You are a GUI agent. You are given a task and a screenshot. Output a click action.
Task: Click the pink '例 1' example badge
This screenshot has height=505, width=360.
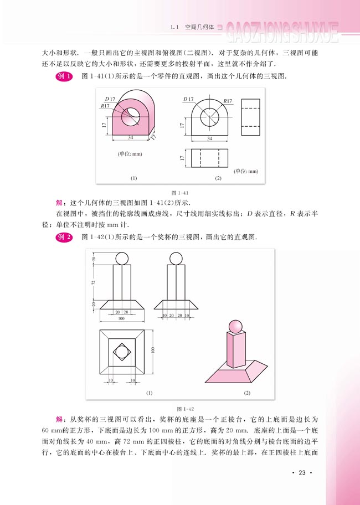pyautogui.click(x=64, y=77)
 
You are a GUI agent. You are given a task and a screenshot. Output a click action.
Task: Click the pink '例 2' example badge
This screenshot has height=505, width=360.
pyautogui.click(x=64, y=236)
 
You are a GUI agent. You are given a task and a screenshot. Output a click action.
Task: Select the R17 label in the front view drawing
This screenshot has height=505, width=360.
pyautogui.click(x=227, y=101)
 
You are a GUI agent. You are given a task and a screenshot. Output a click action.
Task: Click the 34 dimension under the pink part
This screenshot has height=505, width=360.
pyautogui.click(x=131, y=137)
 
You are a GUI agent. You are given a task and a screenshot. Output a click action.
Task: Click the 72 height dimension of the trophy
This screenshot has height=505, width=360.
pyautogui.click(x=94, y=282)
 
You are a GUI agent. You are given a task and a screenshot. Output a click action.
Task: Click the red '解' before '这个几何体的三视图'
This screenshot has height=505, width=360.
pyautogui.click(x=60, y=202)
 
